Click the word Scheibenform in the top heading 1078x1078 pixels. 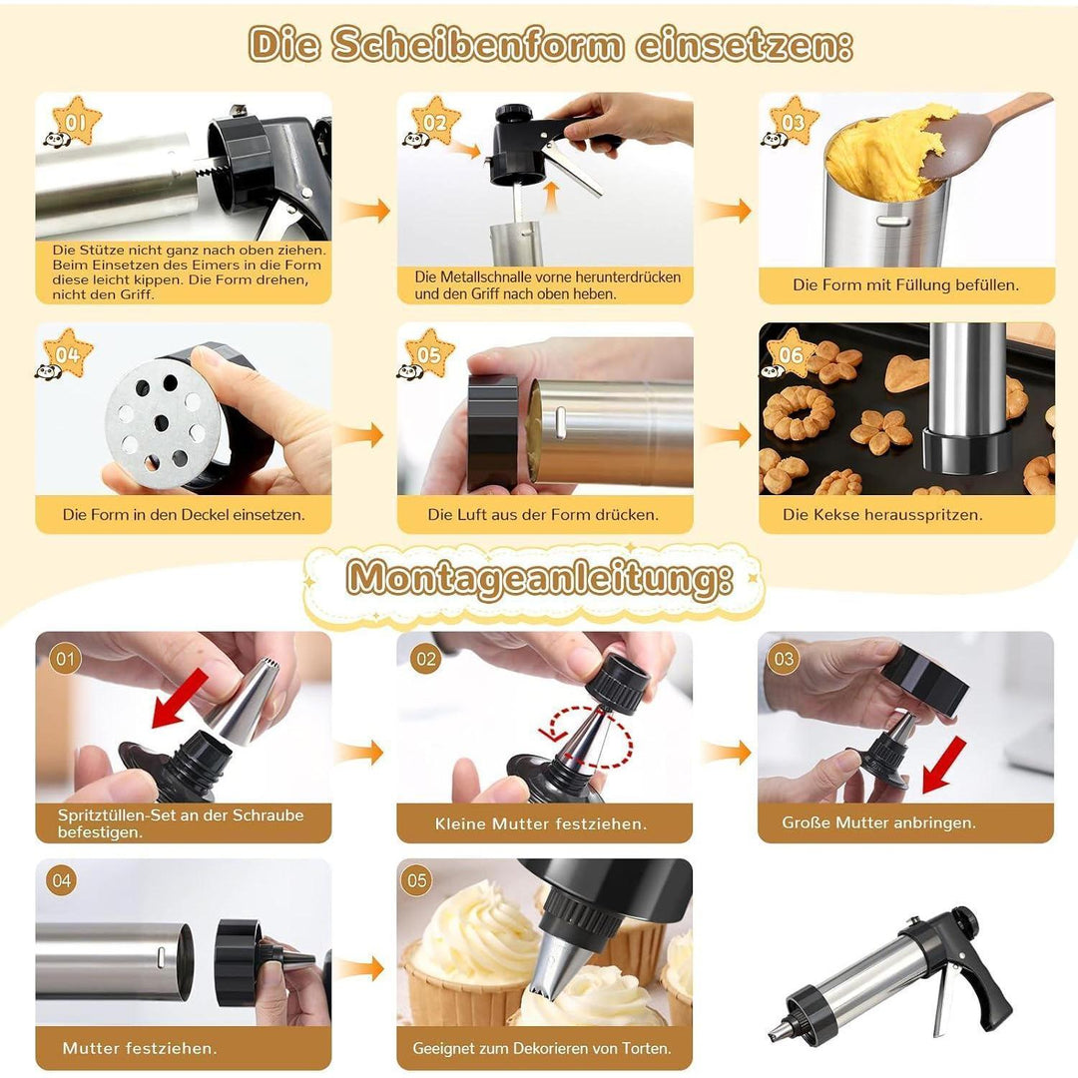pyautogui.click(x=478, y=45)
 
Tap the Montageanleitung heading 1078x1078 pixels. pyautogui.click(x=539, y=577)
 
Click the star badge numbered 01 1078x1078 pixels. pyautogui.click(x=76, y=121)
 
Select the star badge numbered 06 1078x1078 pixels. pyautogui.click(x=791, y=353)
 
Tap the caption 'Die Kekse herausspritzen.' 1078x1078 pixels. pyautogui.click(x=882, y=514)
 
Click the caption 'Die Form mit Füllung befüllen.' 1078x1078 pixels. pyautogui.click(x=905, y=284)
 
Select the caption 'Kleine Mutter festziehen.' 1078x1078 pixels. pyautogui.click(x=540, y=822)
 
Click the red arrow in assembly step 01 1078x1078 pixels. pyautogui.click(x=178, y=699)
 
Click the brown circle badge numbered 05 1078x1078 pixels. pyautogui.click(x=416, y=880)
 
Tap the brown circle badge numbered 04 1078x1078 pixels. pyautogui.click(x=62, y=880)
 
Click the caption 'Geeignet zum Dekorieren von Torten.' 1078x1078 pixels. pyautogui.click(x=542, y=1048)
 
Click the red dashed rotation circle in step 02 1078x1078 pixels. pyautogui.click(x=588, y=738)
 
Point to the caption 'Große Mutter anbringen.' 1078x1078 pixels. pyautogui.click(x=878, y=822)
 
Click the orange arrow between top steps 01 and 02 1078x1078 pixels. pyautogui.click(x=364, y=210)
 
